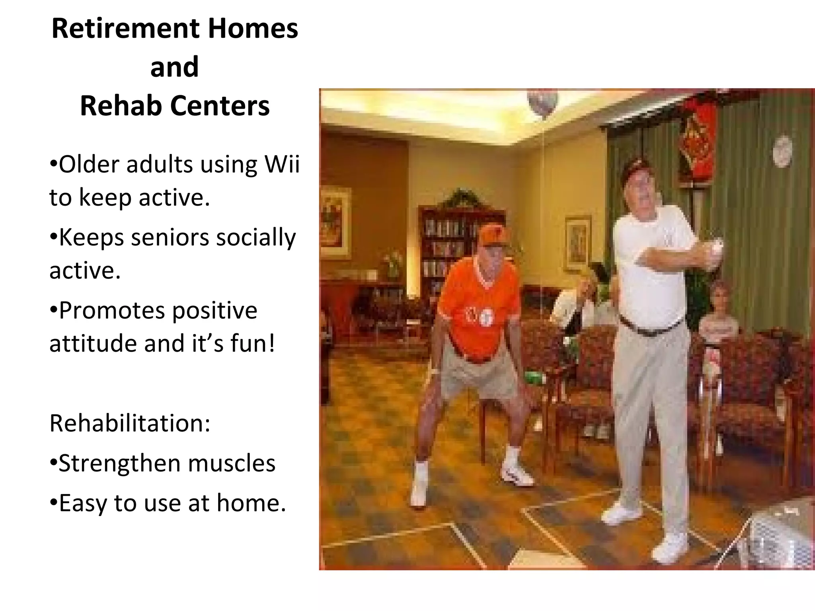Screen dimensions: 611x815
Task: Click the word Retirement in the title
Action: [125, 29]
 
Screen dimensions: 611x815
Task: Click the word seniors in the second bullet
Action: [170, 237]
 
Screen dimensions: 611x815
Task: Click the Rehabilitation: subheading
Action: [130, 423]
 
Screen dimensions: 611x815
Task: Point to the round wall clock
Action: [782, 151]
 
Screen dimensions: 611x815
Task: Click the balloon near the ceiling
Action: [542, 103]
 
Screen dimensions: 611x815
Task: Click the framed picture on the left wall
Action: [335, 223]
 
